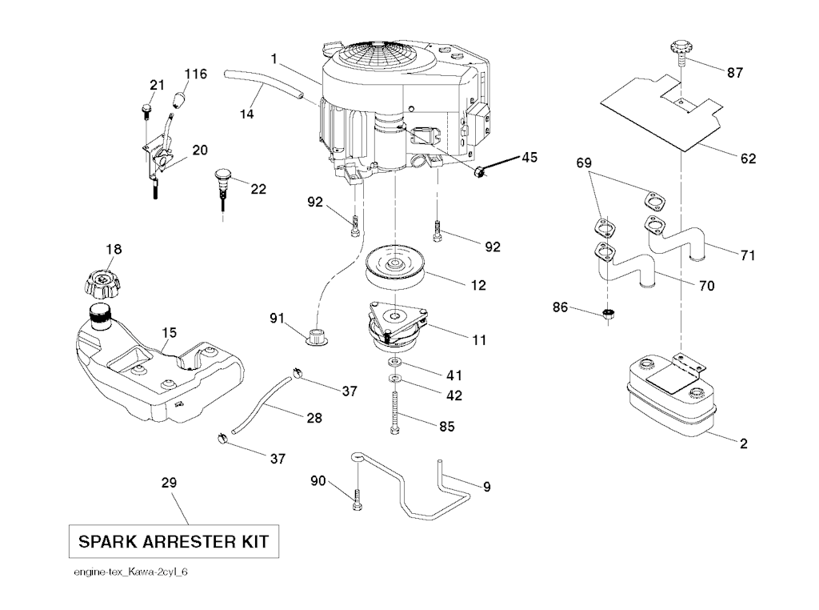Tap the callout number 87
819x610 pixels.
point(734,72)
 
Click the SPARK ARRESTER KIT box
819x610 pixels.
point(174,542)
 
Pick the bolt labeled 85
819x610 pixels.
point(396,408)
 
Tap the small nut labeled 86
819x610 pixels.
point(608,312)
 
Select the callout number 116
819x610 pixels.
point(196,74)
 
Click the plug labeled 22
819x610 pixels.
point(222,178)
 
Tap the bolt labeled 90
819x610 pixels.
point(356,500)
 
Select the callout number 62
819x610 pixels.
point(748,159)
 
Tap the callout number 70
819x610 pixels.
point(706,285)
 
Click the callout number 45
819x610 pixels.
point(529,158)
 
